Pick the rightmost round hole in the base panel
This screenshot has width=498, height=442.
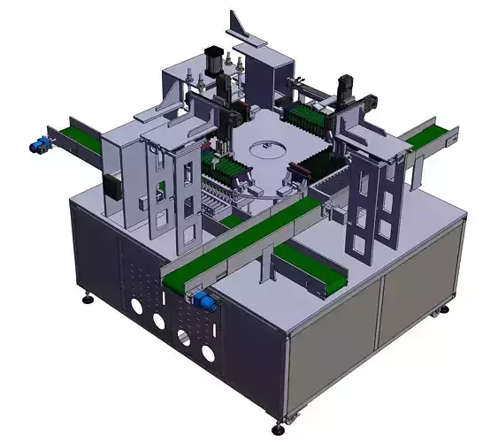(208, 354)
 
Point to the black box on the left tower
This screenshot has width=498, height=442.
(113, 187)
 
